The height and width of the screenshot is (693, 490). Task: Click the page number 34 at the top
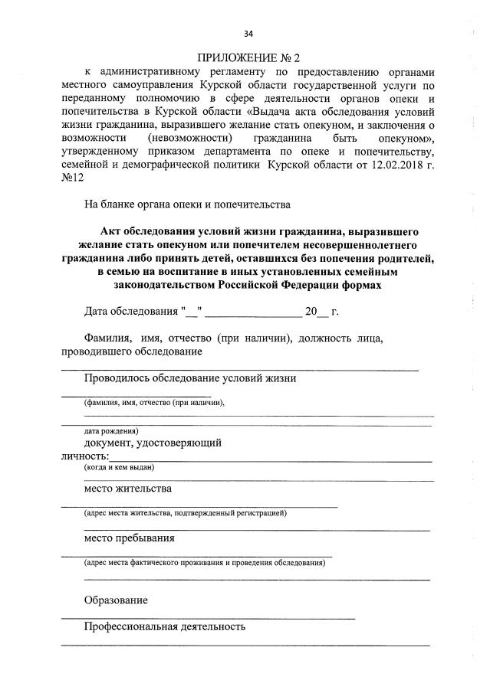(248, 33)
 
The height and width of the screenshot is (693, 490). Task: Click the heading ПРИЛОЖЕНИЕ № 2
(248, 58)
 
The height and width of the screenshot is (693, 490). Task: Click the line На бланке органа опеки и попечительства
(187, 204)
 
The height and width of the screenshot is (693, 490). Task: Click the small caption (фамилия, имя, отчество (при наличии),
(154, 402)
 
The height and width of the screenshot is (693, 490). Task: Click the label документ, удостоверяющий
(153, 443)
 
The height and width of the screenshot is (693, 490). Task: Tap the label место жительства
(128, 488)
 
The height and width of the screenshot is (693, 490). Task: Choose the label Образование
(116, 600)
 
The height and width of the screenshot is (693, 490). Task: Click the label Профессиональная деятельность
(165, 626)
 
